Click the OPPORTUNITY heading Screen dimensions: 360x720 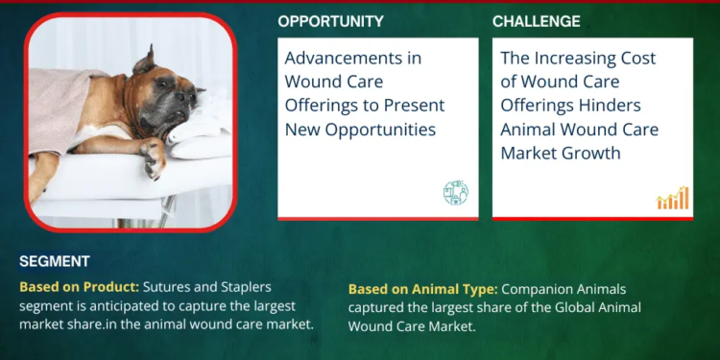(x=330, y=21)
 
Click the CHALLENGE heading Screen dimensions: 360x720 (x=536, y=21)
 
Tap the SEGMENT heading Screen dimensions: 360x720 (x=55, y=261)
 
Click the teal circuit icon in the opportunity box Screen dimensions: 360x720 (x=455, y=193)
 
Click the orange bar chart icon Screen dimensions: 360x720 (x=672, y=198)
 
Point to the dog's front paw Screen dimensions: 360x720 (x=152, y=156)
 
